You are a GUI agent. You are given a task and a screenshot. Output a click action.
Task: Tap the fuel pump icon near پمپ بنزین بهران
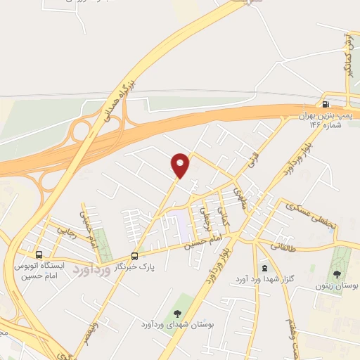(x=325, y=103)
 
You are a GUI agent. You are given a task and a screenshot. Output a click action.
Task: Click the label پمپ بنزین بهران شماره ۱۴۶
(x=325, y=119)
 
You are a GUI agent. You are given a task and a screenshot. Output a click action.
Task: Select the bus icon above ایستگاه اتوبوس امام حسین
(x=39, y=254)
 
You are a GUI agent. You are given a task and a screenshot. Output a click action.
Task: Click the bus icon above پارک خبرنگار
(x=135, y=256)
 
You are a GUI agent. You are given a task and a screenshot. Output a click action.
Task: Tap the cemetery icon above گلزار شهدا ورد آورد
(x=264, y=267)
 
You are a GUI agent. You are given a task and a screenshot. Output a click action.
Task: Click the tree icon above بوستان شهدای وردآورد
(x=176, y=311)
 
